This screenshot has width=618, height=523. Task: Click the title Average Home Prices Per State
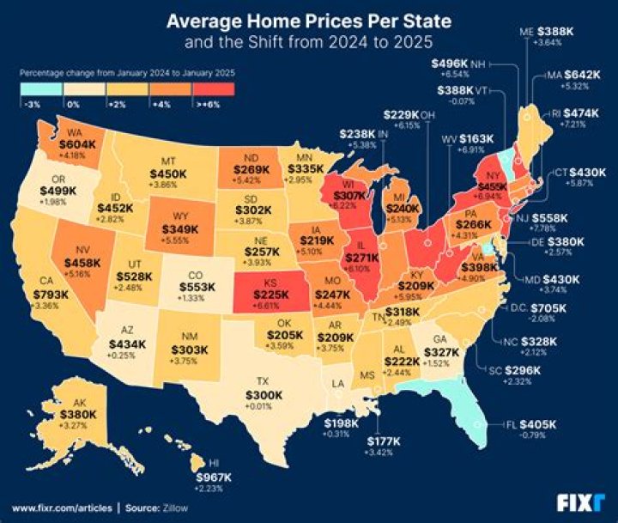point(308,19)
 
